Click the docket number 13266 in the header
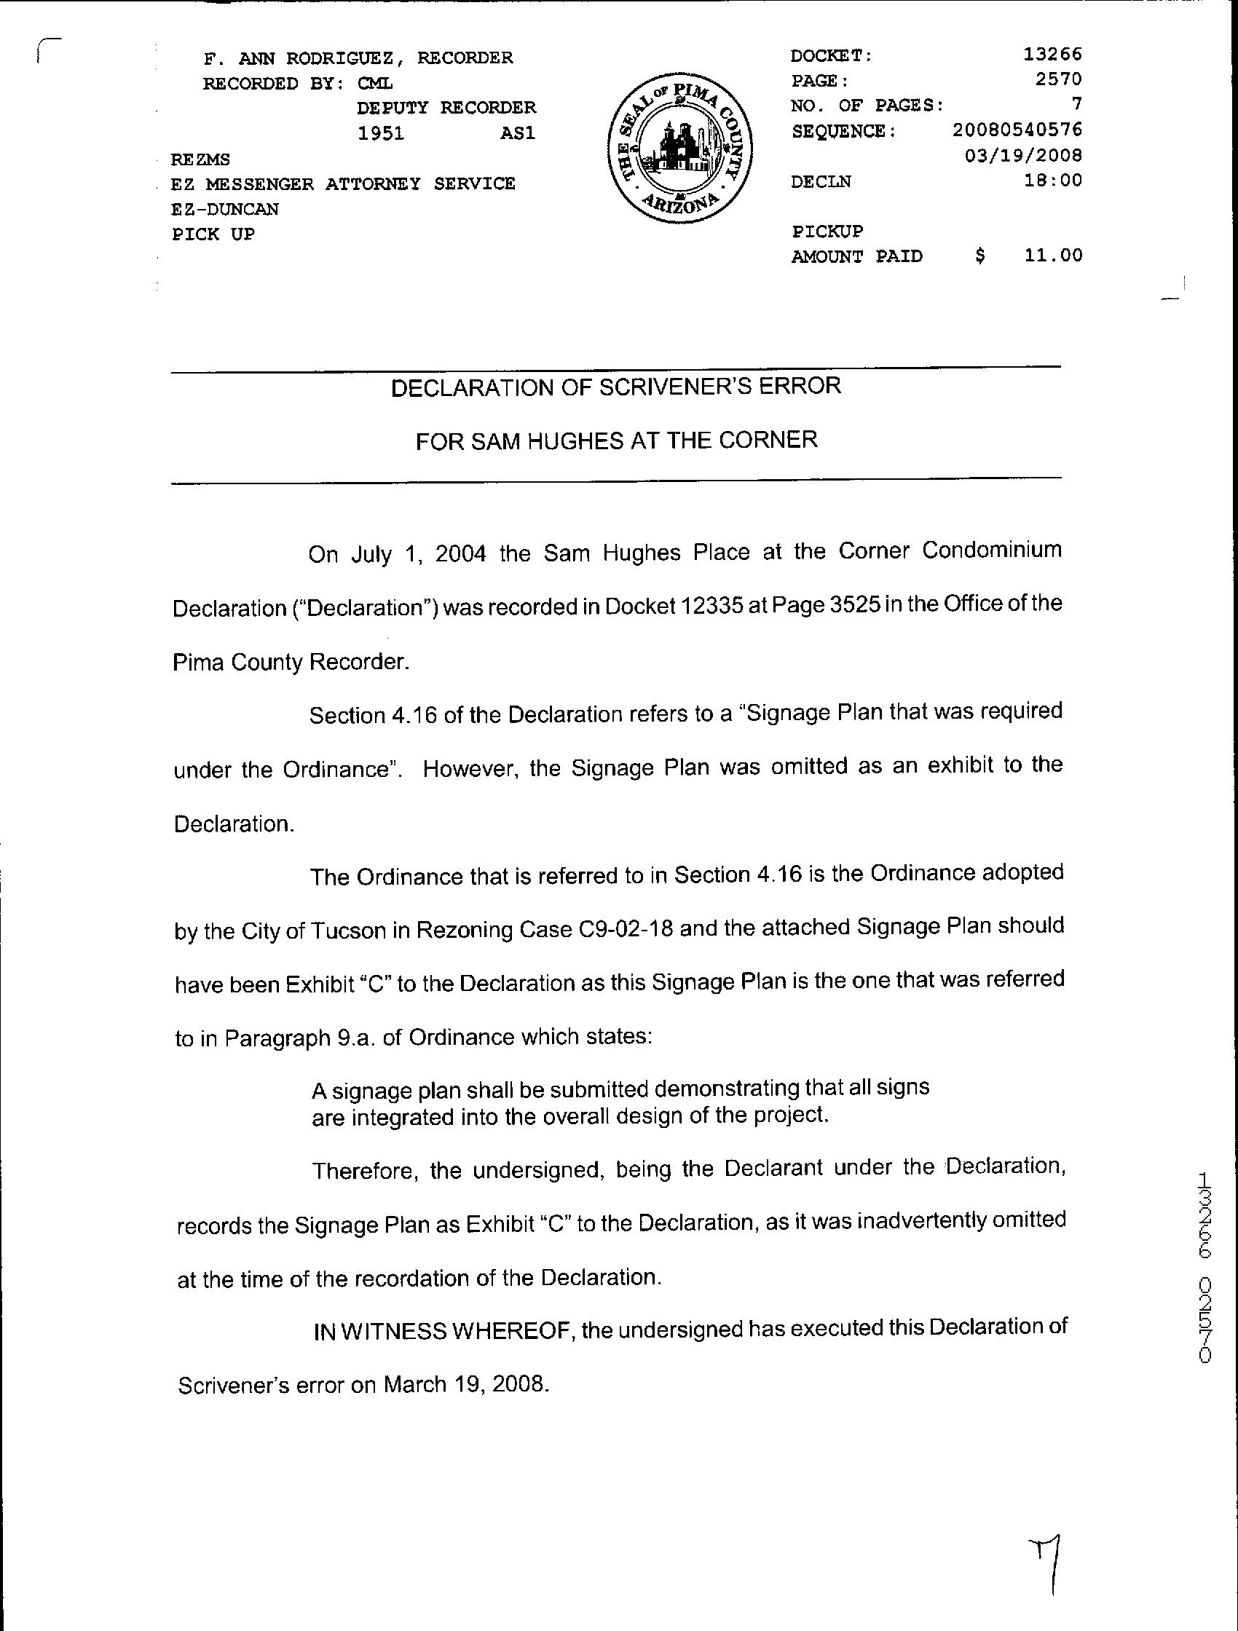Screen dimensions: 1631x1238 (x=1052, y=54)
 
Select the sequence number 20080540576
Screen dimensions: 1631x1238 (x=1017, y=130)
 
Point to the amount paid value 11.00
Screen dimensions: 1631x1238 (x=1053, y=255)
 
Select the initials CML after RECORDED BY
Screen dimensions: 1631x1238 (x=375, y=83)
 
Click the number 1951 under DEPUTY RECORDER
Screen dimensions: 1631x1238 (x=380, y=133)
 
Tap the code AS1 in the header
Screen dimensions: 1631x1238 (x=517, y=133)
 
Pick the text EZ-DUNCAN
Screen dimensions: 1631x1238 (x=225, y=209)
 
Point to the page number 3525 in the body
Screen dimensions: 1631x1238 (x=854, y=604)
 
